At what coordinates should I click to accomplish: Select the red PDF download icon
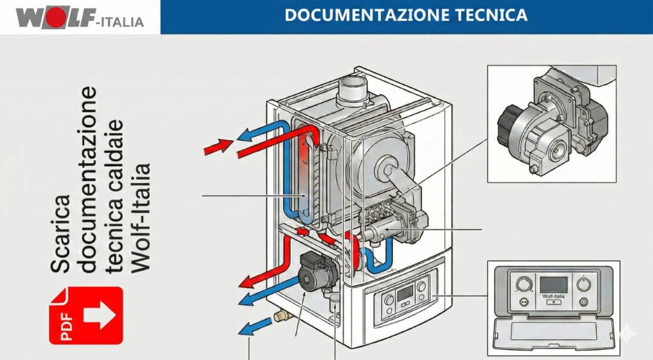(86, 316)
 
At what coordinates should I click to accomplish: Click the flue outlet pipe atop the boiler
(353, 89)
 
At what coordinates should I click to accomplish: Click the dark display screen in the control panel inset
(554, 285)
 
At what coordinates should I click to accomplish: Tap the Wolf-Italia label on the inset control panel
(554, 296)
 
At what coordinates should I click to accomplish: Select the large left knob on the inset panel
(523, 284)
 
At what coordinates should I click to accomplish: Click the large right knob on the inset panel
(584, 284)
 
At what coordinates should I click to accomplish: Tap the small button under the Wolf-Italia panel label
(554, 302)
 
